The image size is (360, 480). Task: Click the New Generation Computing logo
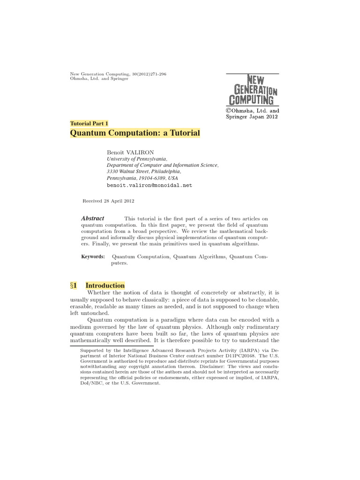tap(253, 90)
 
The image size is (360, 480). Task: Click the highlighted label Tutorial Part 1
tap(89, 123)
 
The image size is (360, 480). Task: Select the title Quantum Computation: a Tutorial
tap(135, 133)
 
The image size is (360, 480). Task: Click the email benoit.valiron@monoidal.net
tap(150, 185)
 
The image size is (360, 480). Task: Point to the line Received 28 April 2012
tap(108, 201)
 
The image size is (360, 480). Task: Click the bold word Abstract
tap(93, 218)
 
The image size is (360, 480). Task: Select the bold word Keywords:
tap(93, 256)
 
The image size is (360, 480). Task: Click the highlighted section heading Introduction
tap(105, 285)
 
